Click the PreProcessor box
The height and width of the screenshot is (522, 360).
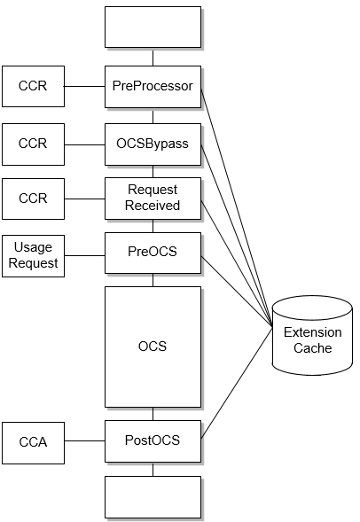tap(153, 87)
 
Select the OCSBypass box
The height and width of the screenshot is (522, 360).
tap(153, 144)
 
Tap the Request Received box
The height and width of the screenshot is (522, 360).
tap(153, 198)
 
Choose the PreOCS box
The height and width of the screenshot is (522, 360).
tap(153, 253)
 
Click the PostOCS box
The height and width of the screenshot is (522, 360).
tap(153, 440)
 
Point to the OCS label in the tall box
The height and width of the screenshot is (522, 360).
tap(153, 347)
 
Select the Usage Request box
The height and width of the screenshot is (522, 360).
tap(33, 256)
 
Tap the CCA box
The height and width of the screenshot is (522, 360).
tap(33, 441)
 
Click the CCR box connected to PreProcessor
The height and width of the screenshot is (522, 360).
tap(33, 87)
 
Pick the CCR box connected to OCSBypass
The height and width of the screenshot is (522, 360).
tap(33, 144)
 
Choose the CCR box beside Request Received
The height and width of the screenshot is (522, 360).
tap(33, 199)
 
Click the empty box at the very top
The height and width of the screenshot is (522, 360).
tap(153, 27)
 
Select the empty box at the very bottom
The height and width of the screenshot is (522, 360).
tap(153, 496)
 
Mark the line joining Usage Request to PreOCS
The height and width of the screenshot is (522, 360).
tap(84, 256)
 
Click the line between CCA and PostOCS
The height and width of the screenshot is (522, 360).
tap(84, 441)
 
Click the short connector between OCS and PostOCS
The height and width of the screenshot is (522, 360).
tap(153, 413)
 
